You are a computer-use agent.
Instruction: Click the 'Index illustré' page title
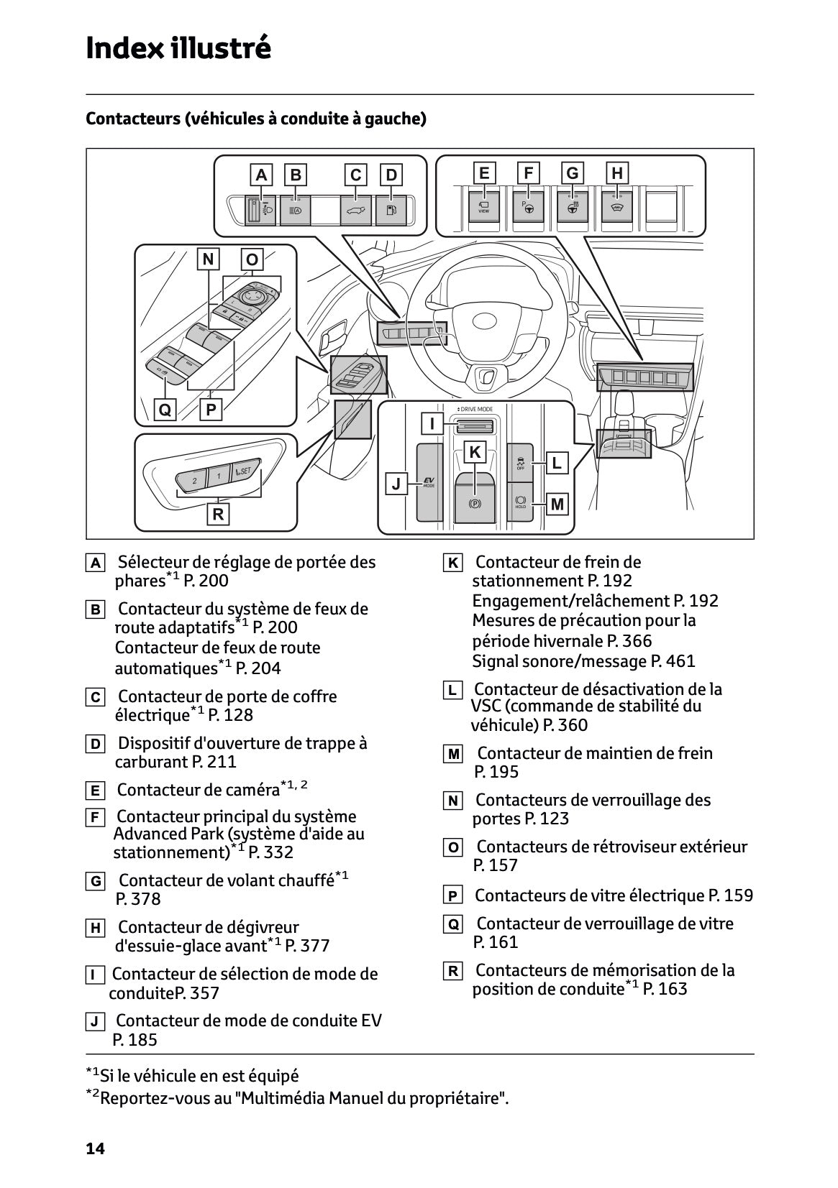point(178,48)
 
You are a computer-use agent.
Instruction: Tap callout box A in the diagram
point(261,175)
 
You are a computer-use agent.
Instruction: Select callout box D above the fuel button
point(391,175)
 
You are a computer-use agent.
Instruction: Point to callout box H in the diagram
point(617,172)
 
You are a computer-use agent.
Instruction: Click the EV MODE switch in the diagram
point(429,482)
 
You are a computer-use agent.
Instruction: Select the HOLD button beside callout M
point(521,502)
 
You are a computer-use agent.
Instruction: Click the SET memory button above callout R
point(242,471)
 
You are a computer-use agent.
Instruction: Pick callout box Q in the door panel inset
point(165,410)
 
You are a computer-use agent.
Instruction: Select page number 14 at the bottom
point(95,1148)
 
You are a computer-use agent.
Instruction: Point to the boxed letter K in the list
point(452,563)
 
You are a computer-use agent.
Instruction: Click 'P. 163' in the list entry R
point(665,989)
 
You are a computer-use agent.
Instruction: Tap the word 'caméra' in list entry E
point(252,791)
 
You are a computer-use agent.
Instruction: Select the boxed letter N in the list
point(452,801)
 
